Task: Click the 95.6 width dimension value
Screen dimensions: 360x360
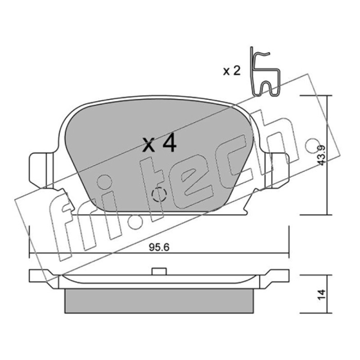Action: tap(159, 247)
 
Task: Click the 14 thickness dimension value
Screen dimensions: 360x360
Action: tap(322, 294)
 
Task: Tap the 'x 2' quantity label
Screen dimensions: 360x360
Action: tap(232, 71)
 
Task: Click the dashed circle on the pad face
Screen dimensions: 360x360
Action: tap(159, 194)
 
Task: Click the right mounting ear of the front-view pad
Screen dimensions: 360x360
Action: tap(277, 171)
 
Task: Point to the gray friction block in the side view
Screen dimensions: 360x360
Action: tap(159, 301)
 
